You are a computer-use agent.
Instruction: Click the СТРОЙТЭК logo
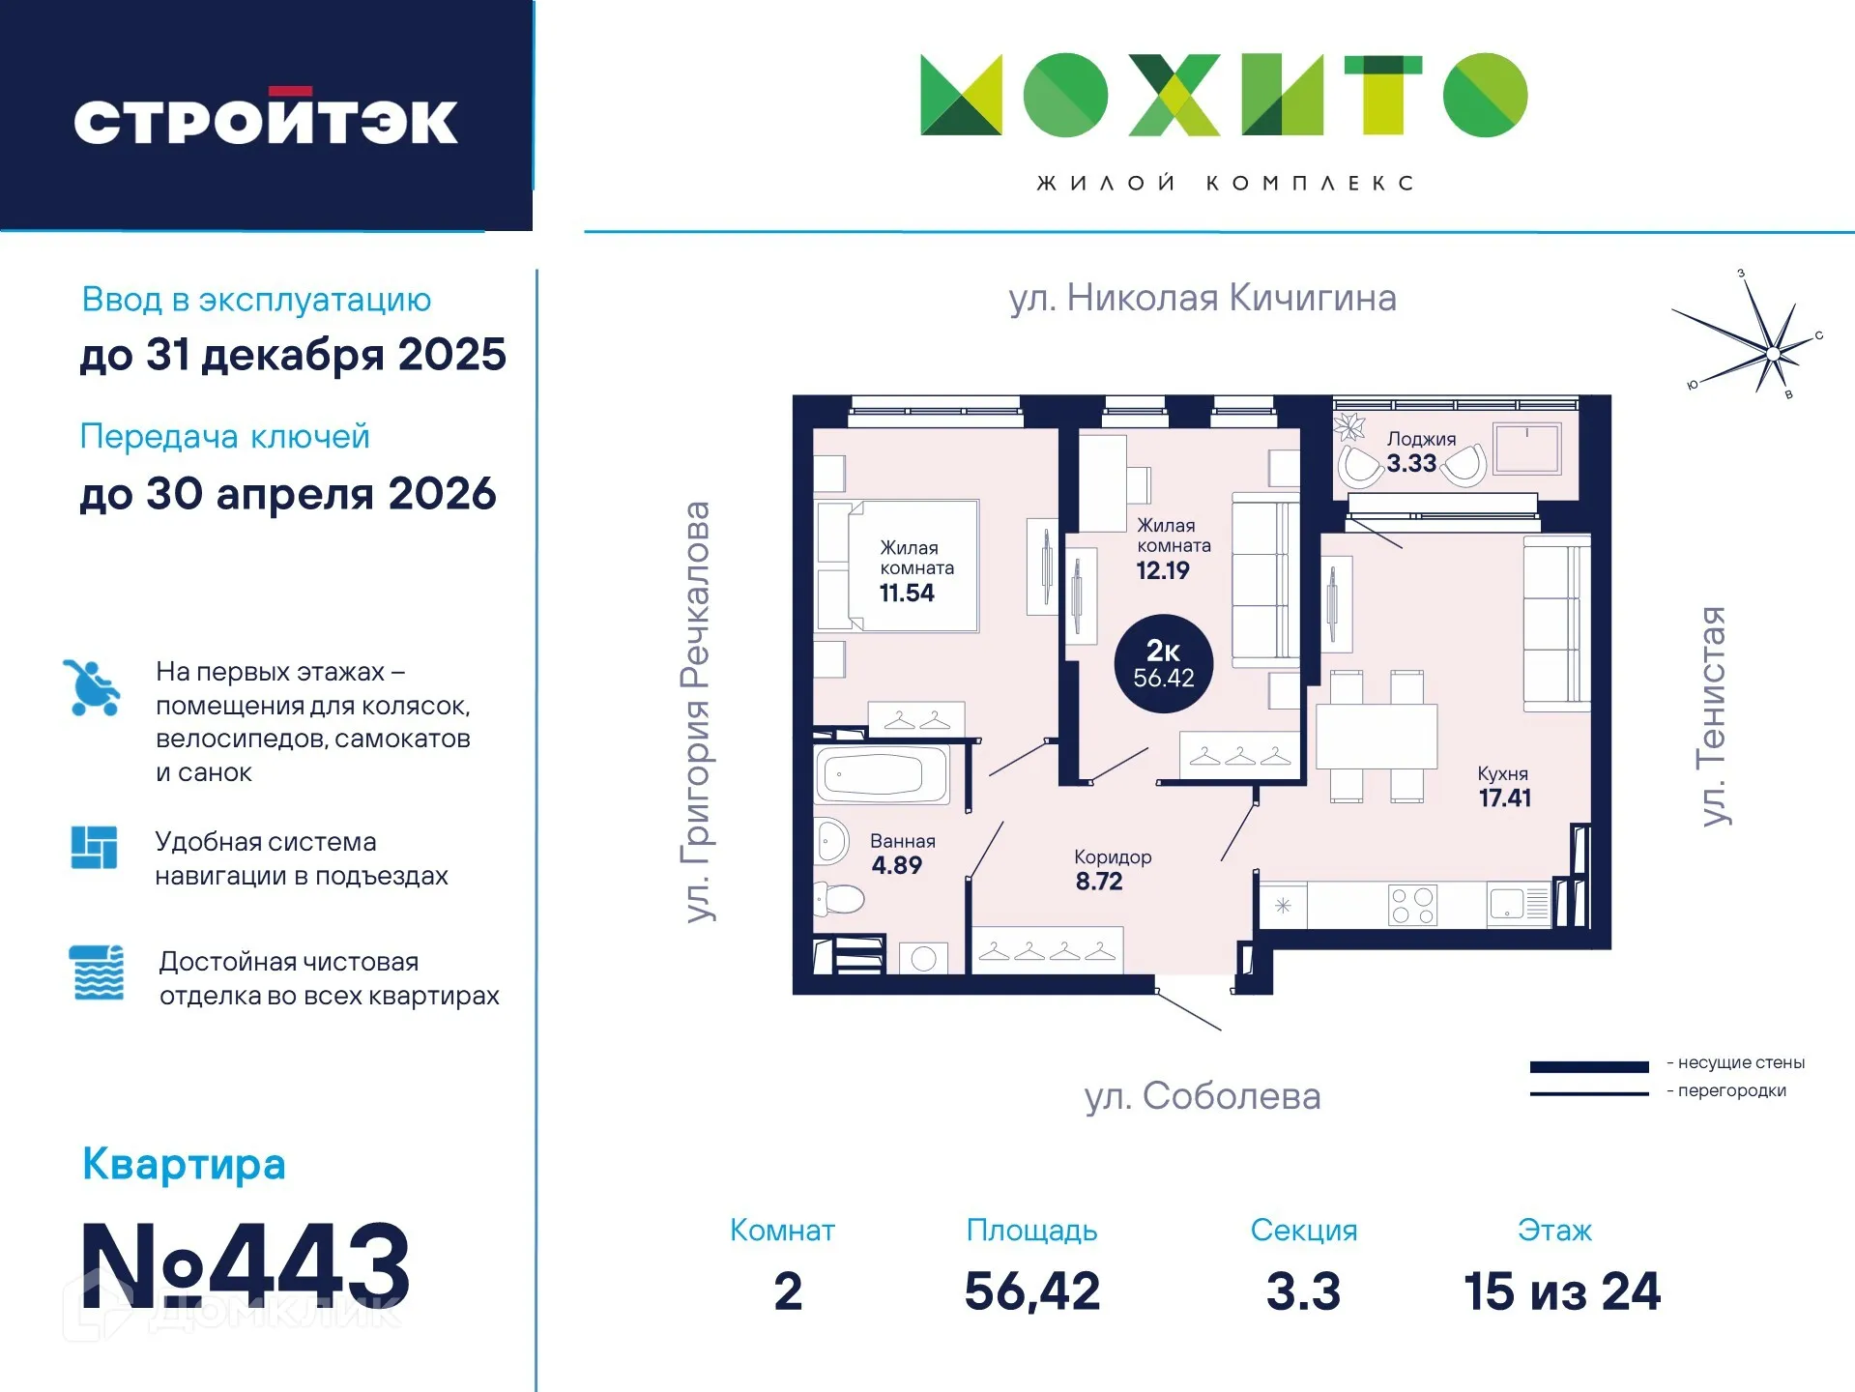click(266, 120)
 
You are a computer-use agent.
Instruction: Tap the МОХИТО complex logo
click(1224, 95)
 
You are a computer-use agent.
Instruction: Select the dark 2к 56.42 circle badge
click(1163, 664)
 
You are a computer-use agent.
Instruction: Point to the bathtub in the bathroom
click(881, 774)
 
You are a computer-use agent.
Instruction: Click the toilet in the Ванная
click(838, 899)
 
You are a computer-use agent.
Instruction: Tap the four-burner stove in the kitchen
click(1412, 906)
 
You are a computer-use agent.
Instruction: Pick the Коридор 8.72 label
click(1111, 869)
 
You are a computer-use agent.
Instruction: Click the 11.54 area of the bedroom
click(907, 594)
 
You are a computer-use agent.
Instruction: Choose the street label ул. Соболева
click(1203, 1096)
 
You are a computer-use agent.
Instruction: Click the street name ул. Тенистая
click(1712, 715)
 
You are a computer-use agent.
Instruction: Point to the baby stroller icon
click(92, 687)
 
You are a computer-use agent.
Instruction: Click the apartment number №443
click(246, 1265)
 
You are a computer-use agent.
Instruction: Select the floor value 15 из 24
click(1562, 1291)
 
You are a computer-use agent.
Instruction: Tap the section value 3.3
click(1303, 1291)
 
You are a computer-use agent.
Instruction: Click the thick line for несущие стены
click(1588, 1067)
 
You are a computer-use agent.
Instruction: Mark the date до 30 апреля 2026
click(288, 494)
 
